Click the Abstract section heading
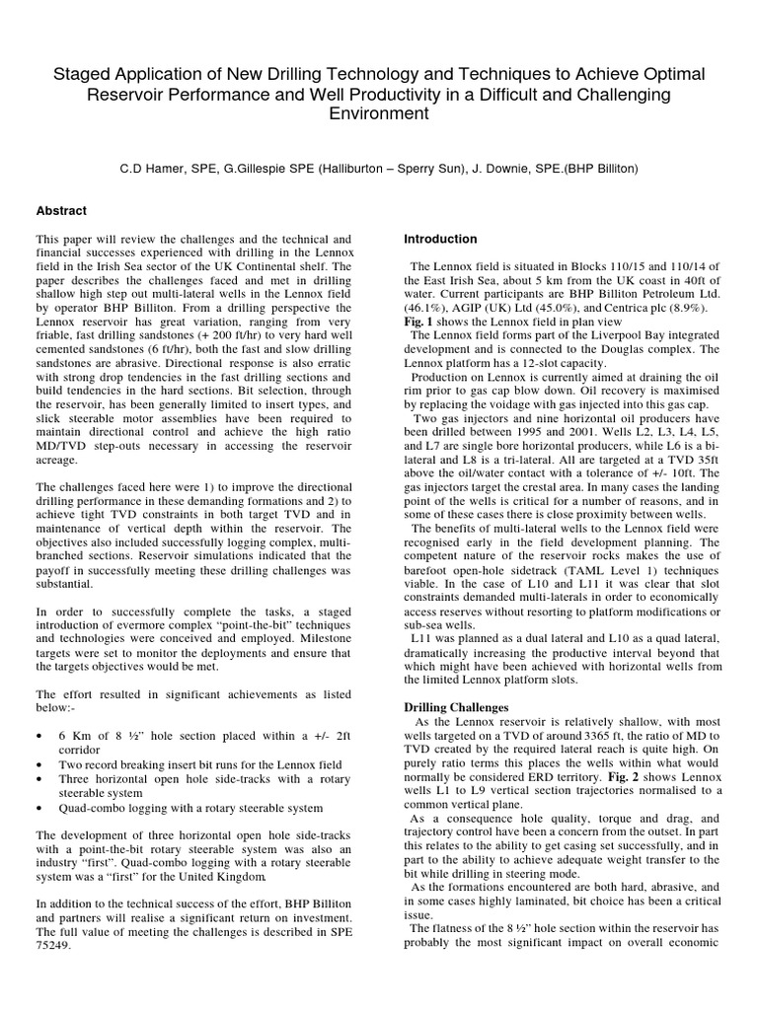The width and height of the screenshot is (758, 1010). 61,211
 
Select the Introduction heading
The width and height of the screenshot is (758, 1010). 441,239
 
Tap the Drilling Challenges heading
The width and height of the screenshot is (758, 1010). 457,707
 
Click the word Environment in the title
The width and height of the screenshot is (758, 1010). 379,113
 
